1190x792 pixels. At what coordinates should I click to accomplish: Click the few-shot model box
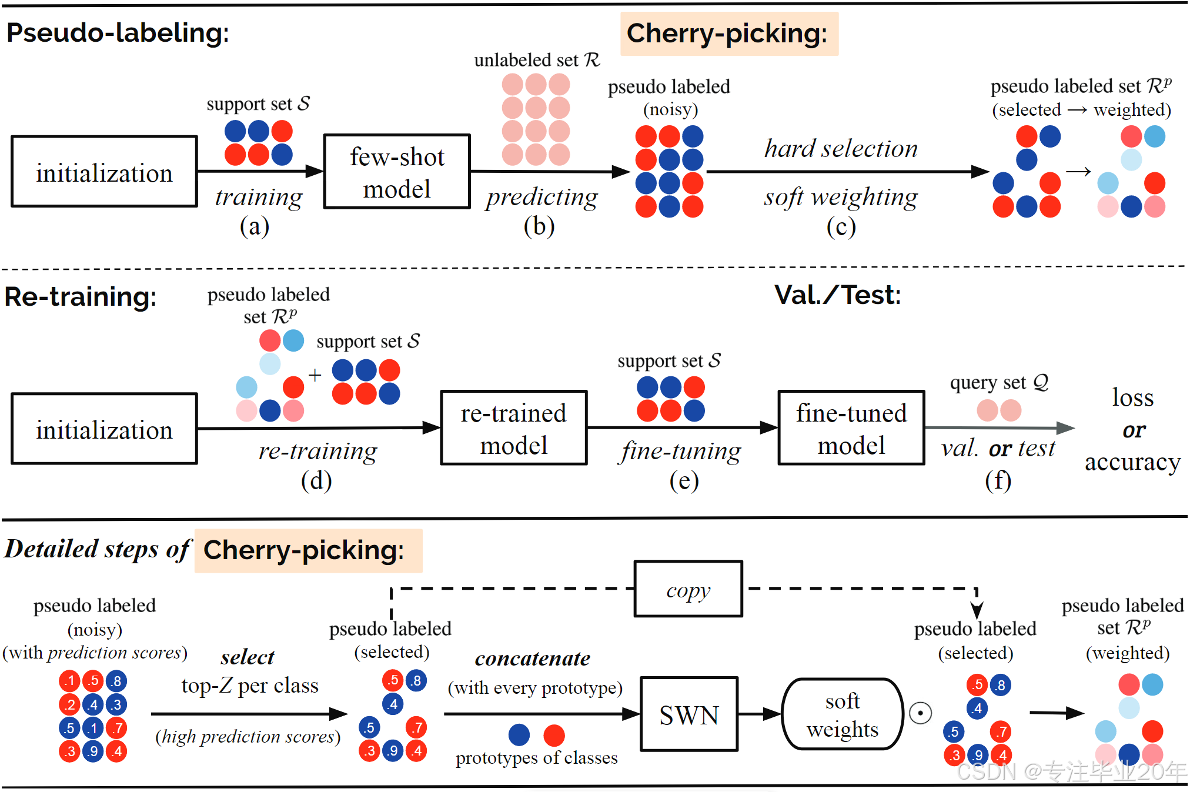click(397, 172)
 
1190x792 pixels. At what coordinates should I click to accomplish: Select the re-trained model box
click(513, 428)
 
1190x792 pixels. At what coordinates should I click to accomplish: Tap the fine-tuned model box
click(851, 428)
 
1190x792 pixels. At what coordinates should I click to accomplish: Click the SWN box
click(688, 714)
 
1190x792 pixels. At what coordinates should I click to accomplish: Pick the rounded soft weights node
click(842, 714)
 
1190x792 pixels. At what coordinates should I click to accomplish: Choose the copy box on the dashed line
click(688, 589)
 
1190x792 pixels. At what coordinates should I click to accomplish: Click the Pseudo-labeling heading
click(118, 33)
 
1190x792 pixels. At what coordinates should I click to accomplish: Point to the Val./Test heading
click(837, 295)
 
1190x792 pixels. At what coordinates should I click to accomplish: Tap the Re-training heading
click(81, 297)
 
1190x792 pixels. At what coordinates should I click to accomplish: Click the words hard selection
click(841, 149)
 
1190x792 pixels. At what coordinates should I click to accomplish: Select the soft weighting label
click(841, 198)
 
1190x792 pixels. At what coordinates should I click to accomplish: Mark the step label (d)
click(316, 481)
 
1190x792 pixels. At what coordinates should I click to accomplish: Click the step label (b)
click(539, 226)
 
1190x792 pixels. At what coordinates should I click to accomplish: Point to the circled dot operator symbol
click(920, 713)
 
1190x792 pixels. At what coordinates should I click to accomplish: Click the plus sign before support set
click(315, 375)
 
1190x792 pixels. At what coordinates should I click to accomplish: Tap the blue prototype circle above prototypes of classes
click(519, 735)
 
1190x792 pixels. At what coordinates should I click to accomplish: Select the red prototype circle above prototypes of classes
click(554, 735)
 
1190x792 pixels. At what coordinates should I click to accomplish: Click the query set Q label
click(999, 383)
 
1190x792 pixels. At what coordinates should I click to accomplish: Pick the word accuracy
click(1132, 463)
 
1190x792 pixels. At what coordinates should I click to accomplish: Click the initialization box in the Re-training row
click(104, 429)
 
